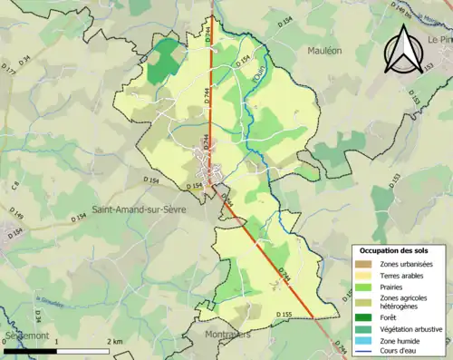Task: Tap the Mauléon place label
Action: coord(323,52)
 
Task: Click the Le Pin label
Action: coord(440,41)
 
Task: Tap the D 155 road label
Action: coord(283,315)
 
